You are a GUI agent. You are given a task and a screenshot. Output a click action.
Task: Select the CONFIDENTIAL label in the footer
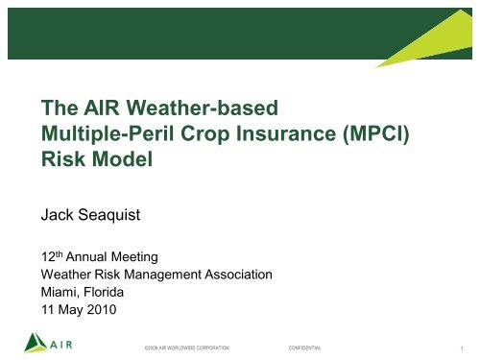(300, 346)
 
